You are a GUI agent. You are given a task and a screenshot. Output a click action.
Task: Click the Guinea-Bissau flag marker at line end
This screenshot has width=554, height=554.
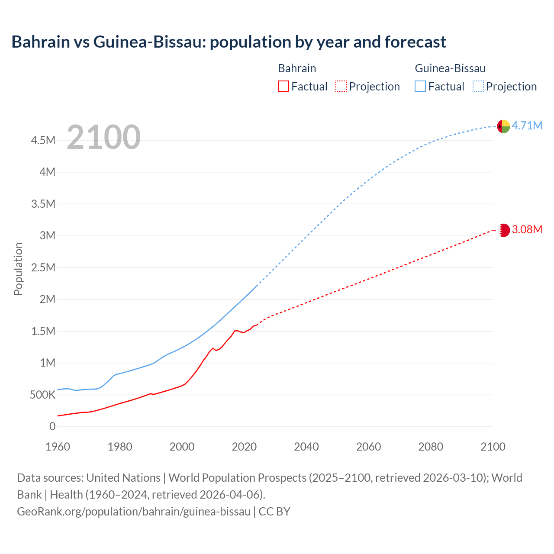[503, 126]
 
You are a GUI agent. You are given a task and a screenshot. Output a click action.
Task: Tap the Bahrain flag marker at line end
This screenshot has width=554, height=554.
[503, 230]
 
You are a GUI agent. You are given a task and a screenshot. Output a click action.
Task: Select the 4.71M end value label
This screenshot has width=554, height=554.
[527, 126]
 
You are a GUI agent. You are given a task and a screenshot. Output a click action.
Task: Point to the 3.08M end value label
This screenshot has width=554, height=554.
[527, 229]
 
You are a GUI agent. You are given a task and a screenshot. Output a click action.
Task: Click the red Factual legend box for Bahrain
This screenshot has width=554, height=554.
[283, 86]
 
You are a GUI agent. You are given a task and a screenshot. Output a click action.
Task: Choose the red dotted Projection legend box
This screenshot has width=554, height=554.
[341, 86]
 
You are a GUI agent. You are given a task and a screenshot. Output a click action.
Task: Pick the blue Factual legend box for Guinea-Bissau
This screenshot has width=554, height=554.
[420, 86]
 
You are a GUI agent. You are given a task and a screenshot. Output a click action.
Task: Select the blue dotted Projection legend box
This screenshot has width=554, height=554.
[478, 86]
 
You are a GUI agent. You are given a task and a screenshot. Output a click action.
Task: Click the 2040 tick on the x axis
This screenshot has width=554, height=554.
[306, 447]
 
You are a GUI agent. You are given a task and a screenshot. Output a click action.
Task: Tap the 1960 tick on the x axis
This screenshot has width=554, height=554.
[58, 447]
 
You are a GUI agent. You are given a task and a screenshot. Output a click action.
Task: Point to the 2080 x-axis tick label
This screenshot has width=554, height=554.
[431, 447]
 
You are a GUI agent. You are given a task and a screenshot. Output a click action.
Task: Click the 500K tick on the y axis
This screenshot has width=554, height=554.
[42, 395]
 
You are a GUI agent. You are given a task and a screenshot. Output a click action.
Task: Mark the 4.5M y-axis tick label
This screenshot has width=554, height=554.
[43, 140]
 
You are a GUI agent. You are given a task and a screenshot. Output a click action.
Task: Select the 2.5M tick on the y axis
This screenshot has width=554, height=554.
[43, 267]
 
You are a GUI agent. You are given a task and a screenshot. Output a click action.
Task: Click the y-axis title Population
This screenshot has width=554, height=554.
[18, 269]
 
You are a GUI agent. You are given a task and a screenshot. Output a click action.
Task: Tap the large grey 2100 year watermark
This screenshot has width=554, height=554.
[103, 137]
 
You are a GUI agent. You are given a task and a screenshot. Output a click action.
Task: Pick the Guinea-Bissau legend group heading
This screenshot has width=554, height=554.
[450, 68]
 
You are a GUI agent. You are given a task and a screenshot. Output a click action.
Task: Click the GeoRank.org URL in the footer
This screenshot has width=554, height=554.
[134, 512]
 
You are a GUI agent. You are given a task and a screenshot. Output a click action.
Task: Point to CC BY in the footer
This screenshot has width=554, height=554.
[274, 512]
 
